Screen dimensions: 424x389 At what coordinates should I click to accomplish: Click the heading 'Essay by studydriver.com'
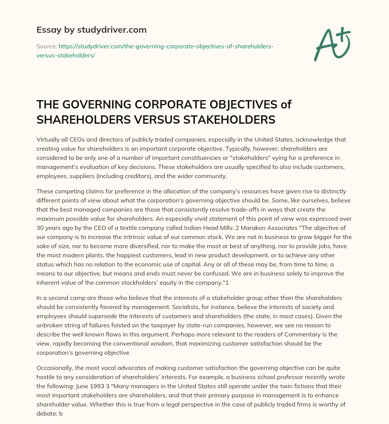(x=92, y=29)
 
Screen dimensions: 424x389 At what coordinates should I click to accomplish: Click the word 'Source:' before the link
(x=46, y=46)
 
